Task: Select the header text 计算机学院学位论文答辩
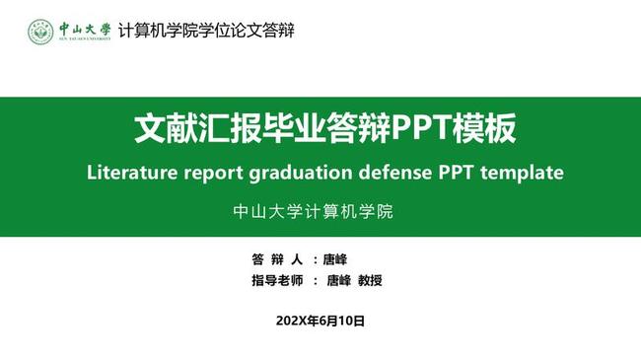tap(205, 30)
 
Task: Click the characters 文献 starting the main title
tap(159, 129)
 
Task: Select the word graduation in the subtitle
tap(304, 172)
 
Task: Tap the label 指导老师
tap(278, 281)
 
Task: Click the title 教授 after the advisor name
tap(370, 281)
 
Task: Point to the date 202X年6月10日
tap(320, 321)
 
